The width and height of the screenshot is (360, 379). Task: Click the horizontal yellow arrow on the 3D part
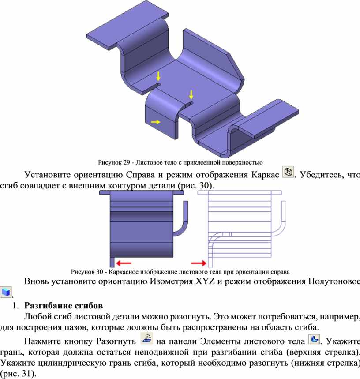pos(156,122)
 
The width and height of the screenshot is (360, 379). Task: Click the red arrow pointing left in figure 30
pos(124,263)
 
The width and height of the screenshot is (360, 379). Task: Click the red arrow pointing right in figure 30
pos(199,263)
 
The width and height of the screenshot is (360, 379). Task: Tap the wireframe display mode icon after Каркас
pos(288,172)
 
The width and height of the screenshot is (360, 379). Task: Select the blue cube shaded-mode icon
pos(6,292)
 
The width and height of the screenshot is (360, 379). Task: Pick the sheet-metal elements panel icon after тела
pos(314,339)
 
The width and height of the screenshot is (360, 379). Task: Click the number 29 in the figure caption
pos(127,162)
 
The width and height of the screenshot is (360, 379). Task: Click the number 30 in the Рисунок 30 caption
pos(100,272)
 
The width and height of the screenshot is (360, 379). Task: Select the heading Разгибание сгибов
pos(64,305)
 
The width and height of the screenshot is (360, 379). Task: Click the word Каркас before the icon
pos(265,175)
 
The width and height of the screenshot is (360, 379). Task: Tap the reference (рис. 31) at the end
pos(18,373)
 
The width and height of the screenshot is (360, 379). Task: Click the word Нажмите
pos(42,341)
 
